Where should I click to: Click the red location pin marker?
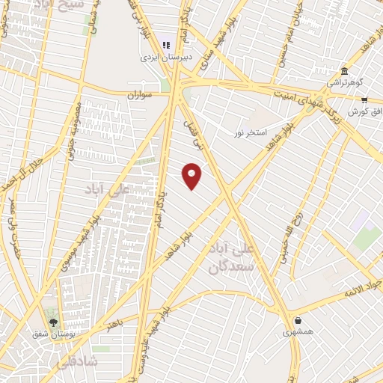[x=192, y=176]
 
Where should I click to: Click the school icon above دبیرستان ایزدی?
[x=166, y=45]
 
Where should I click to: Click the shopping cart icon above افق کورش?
[x=364, y=99]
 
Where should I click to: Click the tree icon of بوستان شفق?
[x=52, y=322]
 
